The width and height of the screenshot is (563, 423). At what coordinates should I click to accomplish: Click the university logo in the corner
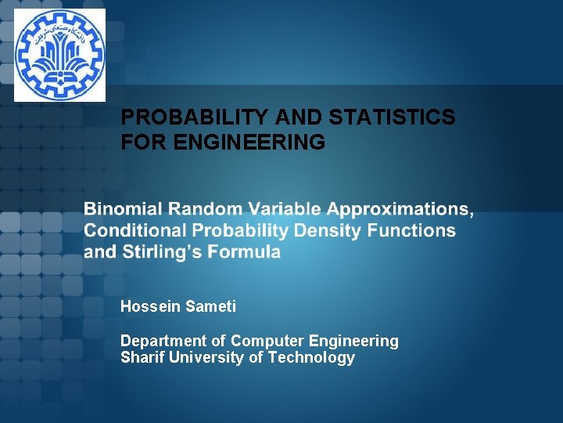[x=59, y=55]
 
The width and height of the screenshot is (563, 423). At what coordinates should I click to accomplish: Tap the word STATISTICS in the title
[x=393, y=117]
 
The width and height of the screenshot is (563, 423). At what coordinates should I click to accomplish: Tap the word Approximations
[x=399, y=210]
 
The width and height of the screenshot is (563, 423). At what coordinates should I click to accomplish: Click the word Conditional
[x=135, y=230]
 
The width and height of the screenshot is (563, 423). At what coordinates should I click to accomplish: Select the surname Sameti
[x=210, y=306]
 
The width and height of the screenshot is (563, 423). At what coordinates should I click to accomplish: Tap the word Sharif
[x=141, y=358]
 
